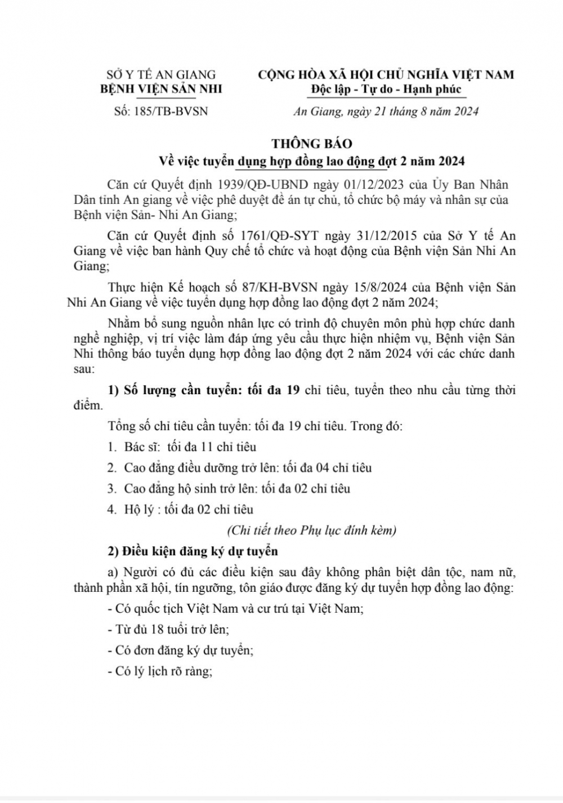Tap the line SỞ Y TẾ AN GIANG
[161, 74]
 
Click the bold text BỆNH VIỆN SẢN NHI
[161, 89]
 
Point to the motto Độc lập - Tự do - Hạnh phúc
[386, 89]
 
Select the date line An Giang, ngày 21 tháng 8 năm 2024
[386, 111]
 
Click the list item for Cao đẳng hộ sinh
[229, 489]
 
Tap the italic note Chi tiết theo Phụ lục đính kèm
[311, 530]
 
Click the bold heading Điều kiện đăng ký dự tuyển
[193, 551]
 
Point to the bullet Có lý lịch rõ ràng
[159, 671]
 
